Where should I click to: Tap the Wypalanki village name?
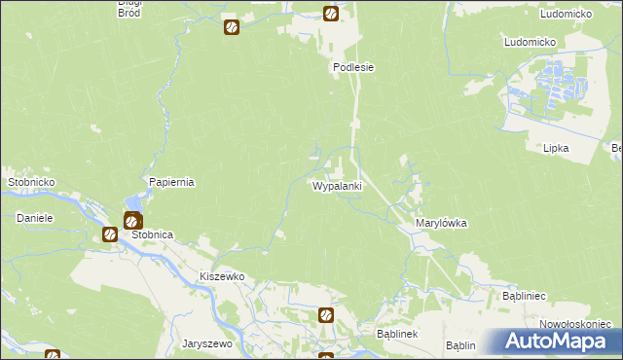(x=337, y=185)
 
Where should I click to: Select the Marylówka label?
(x=441, y=223)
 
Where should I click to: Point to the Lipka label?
(x=556, y=148)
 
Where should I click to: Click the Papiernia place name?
(x=172, y=182)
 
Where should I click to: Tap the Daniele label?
(x=33, y=218)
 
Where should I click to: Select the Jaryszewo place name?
(x=206, y=343)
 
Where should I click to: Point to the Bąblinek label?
(x=396, y=334)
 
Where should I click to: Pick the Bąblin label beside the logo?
(x=459, y=345)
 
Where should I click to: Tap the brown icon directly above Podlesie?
(x=331, y=15)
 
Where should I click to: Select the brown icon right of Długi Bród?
(x=231, y=26)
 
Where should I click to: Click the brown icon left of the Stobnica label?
(x=110, y=234)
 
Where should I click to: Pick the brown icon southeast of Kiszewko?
(x=326, y=315)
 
